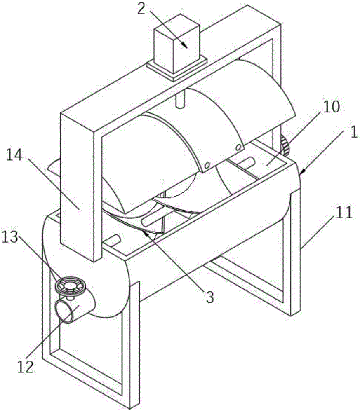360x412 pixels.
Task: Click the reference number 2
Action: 141,9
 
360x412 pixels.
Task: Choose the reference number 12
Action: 26,366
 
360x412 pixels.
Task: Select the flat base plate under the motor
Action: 176,69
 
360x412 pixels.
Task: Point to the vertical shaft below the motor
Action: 179,100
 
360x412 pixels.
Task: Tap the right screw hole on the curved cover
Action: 238,147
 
